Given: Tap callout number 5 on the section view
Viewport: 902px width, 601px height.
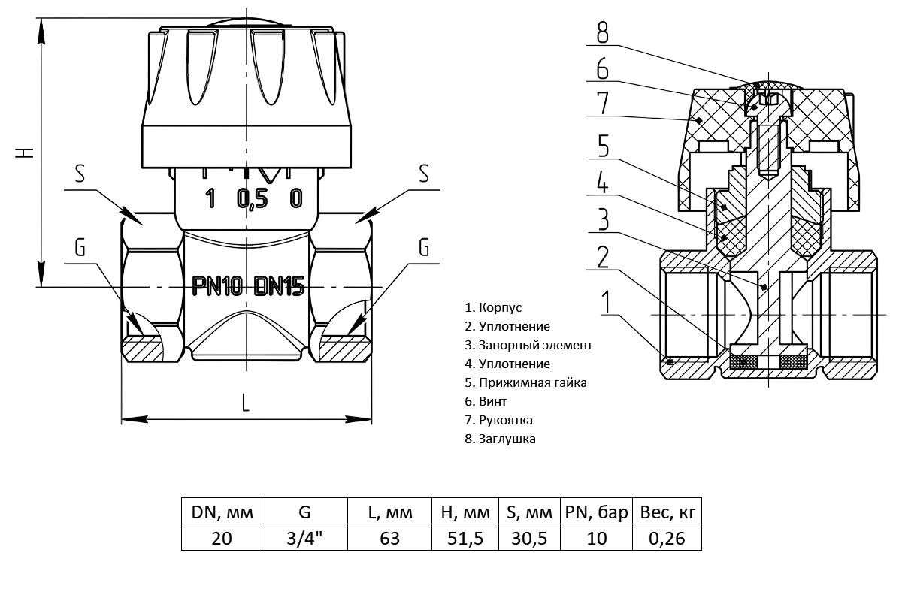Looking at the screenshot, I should coord(604,146).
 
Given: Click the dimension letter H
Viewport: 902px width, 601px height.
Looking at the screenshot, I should coord(26,153).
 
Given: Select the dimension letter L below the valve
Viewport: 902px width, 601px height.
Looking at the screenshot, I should coord(246,403).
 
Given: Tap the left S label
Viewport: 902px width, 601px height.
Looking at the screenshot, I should coord(79,174).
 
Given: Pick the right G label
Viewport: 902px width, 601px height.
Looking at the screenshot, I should coord(424,247).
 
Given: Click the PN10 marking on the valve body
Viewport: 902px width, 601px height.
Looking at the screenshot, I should coord(218,285).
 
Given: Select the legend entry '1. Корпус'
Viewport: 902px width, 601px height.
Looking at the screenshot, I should coord(493,307).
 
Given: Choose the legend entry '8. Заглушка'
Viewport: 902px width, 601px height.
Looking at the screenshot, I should coord(501,439).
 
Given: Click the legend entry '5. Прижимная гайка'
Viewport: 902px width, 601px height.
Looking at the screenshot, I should coord(525,382).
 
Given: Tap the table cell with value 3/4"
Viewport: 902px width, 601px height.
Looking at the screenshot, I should coord(305,538).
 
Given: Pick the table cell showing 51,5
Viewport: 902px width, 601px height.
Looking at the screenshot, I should coord(460,538).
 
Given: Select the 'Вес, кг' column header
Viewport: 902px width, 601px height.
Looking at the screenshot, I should coord(666,513).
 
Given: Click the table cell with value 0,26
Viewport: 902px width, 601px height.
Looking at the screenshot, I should coord(666,538).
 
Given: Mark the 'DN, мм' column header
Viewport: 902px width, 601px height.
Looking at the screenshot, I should coord(222,513).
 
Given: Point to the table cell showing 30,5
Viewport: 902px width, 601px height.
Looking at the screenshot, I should coord(529,538).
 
